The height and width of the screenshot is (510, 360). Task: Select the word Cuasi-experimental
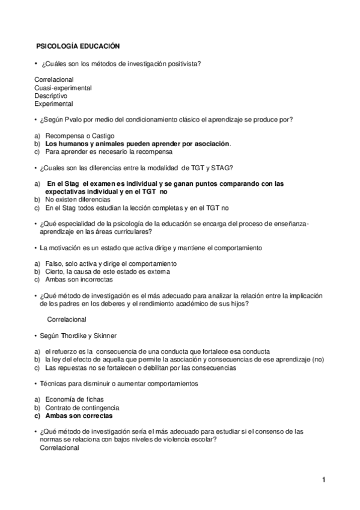[63, 88]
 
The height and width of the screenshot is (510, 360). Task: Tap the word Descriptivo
[51, 96]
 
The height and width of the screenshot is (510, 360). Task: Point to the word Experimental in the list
[54, 103]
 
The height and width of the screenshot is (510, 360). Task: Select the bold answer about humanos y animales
[138, 144]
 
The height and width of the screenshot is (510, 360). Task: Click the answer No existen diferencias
[78, 198]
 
